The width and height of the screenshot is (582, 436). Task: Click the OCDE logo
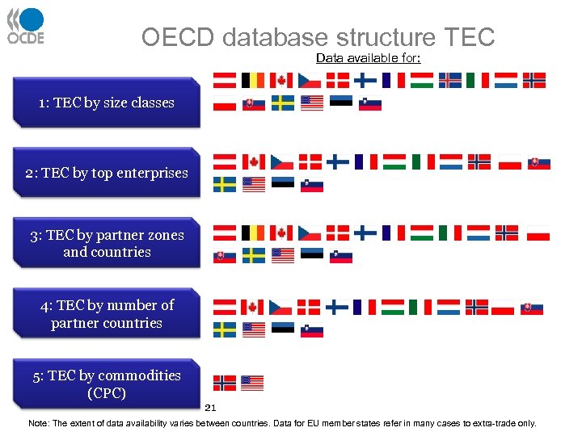click(x=26, y=26)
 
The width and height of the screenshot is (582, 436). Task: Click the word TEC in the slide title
click(x=469, y=37)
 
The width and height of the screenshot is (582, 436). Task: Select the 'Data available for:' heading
click(x=368, y=58)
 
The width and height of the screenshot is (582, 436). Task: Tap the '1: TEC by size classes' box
click(x=106, y=103)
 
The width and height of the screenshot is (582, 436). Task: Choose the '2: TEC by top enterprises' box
click(x=106, y=173)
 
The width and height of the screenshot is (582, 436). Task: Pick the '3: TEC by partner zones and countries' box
click(x=107, y=243)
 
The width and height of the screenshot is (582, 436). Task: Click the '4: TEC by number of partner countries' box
click(x=107, y=313)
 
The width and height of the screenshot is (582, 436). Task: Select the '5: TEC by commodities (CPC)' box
click(x=106, y=384)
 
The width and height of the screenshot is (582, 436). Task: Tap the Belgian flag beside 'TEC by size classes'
click(x=253, y=80)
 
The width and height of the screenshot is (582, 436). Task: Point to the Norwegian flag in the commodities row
click(x=225, y=383)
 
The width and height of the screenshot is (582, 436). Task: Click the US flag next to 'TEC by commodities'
click(x=252, y=383)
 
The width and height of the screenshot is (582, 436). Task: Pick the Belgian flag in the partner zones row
click(x=253, y=233)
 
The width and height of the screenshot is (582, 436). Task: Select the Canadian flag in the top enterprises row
click(x=253, y=161)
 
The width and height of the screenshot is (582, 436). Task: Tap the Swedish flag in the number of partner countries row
click(x=225, y=329)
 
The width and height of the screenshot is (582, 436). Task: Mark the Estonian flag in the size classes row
click(x=341, y=103)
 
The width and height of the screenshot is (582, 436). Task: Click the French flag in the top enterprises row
click(x=365, y=161)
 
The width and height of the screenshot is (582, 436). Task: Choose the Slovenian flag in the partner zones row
click(x=341, y=256)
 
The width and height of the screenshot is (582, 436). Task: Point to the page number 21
click(x=211, y=408)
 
